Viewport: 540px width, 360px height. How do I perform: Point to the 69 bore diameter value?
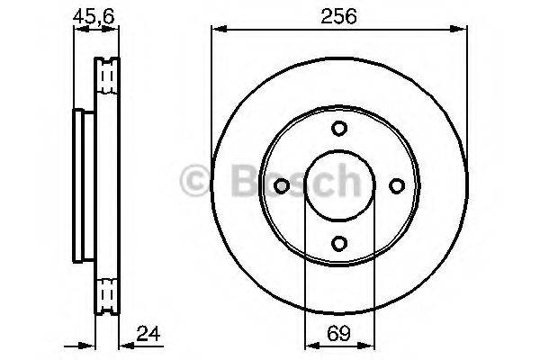tap(337, 335)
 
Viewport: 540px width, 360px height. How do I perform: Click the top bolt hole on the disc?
tap(338, 128)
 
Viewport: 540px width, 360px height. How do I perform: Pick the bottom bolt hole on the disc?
tap(338, 243)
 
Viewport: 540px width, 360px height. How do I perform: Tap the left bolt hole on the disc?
tap(281, 185)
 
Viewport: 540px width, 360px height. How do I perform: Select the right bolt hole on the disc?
tap(396, 185)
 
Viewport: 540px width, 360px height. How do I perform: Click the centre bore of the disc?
tap(338, 185)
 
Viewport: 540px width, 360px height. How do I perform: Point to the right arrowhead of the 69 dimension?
tap(366, 346)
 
